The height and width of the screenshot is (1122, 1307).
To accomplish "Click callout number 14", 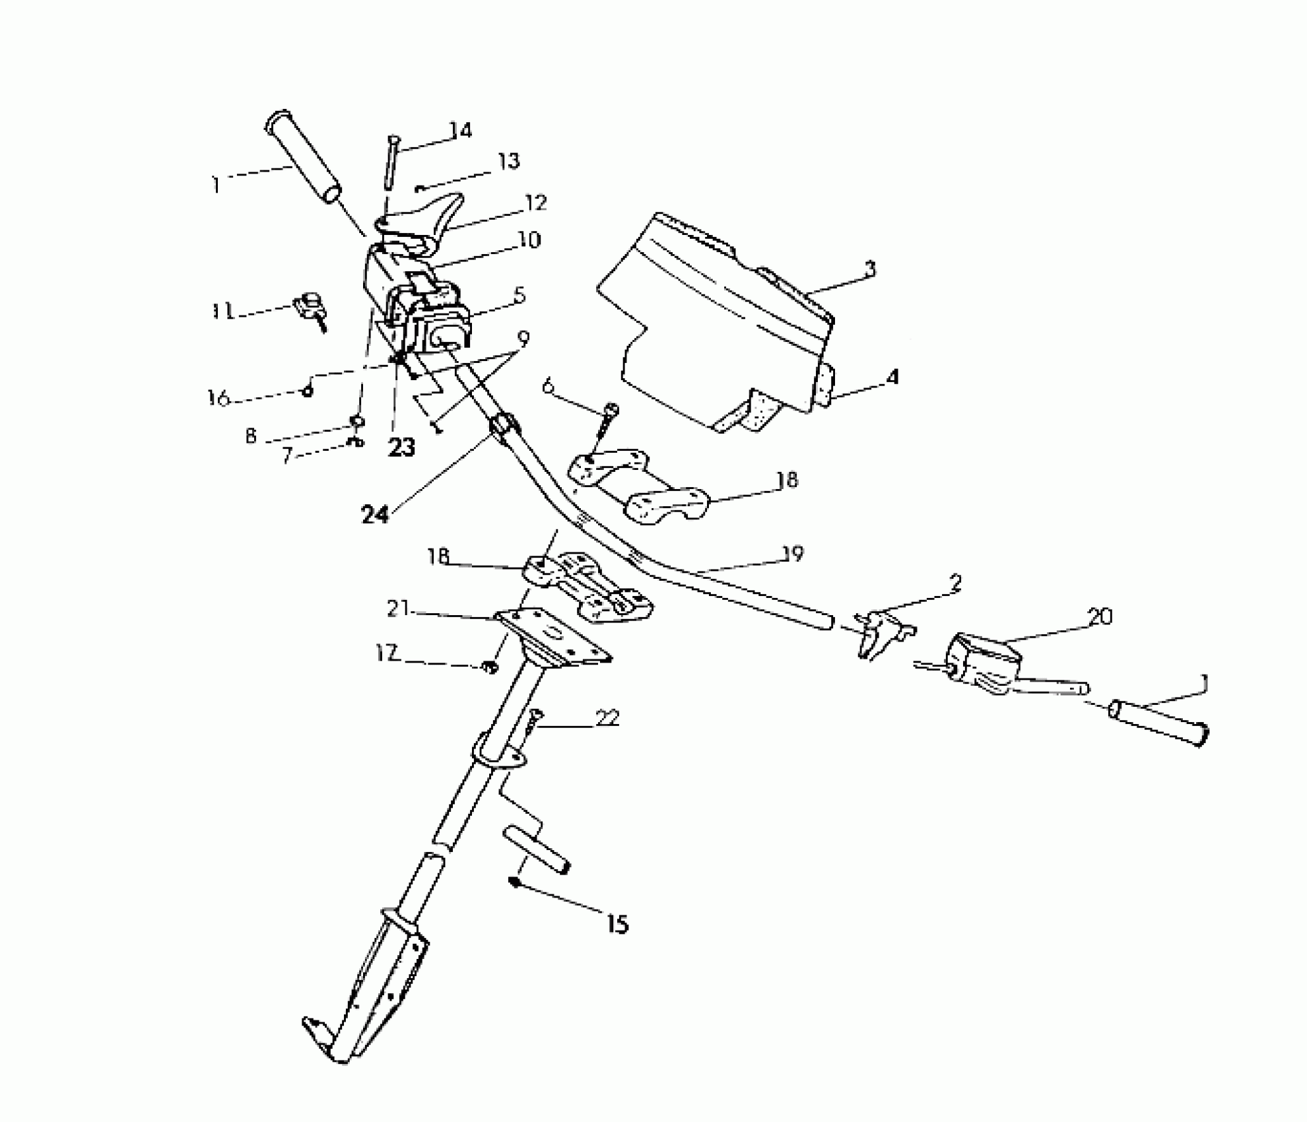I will pos(461,130).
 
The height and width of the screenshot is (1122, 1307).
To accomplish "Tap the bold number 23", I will pos(401,447).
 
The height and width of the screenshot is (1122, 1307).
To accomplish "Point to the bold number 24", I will pos(375,514).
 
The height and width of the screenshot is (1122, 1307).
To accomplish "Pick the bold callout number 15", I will pos(617,924).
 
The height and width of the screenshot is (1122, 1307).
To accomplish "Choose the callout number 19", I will pos(793,554).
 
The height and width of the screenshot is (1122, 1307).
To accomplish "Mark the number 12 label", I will pos(535,203).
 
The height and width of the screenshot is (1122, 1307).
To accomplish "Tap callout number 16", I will pos(218,398).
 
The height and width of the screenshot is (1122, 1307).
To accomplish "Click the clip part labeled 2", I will pos(881,632).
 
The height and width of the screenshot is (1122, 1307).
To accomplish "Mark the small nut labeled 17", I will pos(489,669).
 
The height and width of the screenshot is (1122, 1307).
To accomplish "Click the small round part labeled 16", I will pos(307,391).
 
